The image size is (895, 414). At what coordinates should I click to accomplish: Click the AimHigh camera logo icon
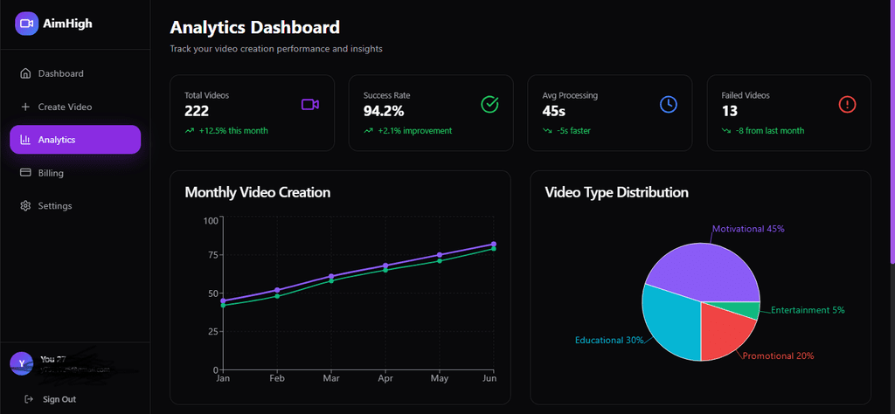point(26,24)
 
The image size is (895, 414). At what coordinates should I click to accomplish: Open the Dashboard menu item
point(60,73)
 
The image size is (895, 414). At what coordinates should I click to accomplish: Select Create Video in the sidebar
point(65,107)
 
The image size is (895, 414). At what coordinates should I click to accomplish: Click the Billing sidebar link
point(51,173)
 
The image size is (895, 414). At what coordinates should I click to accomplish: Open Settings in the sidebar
point(54,206)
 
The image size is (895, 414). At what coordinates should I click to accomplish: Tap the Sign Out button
point(59,399)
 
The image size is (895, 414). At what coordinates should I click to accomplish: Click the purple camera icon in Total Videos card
point(310,105)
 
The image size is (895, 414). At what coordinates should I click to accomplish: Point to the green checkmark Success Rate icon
point(489,105)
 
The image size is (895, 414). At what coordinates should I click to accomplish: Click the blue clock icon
point(668,105)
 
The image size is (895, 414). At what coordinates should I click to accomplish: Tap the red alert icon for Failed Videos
point(847,105)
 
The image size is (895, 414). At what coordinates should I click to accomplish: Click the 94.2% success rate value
point(383,111)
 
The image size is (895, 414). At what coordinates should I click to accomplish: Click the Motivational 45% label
point(748,229)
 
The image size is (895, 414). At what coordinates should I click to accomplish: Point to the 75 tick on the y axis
point(210,255)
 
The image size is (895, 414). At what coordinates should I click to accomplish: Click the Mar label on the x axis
point(331,378)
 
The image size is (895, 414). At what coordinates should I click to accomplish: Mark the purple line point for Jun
point(494,245)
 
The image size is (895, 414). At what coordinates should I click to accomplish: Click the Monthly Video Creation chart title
point(257,192)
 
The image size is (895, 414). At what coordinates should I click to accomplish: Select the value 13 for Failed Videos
point(730,111)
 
